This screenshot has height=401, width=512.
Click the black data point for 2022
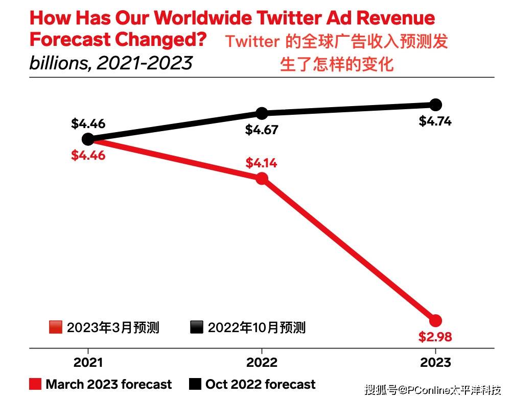(262, 113)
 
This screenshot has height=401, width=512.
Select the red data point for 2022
(262, 178)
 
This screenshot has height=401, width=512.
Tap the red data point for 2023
(435, 320)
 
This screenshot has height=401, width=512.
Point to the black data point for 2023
(435, 105)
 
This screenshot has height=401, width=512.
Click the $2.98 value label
(435, 337)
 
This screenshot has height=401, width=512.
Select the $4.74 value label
(435, 121)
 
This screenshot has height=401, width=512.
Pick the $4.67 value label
(262, 130)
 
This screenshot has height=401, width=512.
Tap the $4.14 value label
(262, 163)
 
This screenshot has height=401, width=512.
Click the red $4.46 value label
(88, 155)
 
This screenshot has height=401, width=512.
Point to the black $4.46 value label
(88, 124)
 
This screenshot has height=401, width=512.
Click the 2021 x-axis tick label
(88, 362)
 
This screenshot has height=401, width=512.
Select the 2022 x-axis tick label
(262, 362)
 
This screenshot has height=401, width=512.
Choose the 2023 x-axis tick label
(435, 362)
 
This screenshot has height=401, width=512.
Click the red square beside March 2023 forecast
(35, 384)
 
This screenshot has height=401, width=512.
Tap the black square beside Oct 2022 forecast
(195, 384)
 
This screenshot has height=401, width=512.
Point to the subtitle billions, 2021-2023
(111, 63)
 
